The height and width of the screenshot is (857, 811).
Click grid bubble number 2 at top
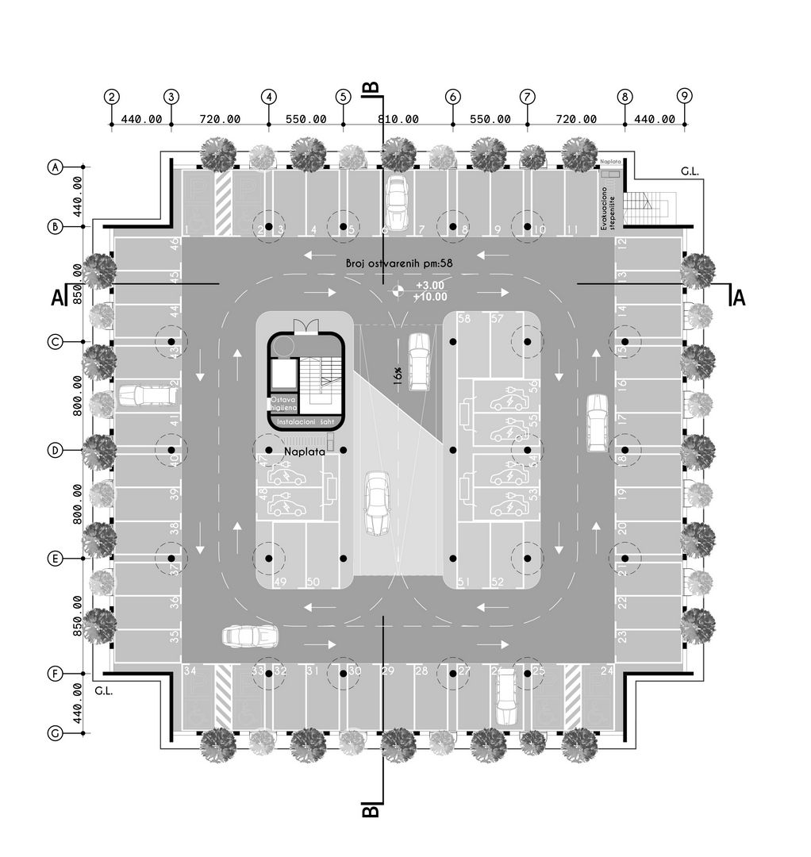coord(112,97)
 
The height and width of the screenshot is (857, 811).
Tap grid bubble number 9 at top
coord(685,96)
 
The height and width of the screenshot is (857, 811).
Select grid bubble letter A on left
coord(55,167)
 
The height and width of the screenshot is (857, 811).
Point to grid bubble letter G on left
coord(55,734)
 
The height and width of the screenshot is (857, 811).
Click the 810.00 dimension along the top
coord(398,119)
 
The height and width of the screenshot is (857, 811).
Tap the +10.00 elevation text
coord(430,297)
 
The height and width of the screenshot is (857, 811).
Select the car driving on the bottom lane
coord(250,636)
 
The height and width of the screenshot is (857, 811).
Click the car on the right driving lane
coord(597,423)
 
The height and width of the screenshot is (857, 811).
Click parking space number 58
coord(464,319)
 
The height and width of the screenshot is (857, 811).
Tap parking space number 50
coord(313,582)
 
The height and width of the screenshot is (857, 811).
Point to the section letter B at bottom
coord(371,811)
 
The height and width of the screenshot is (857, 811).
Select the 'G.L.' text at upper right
coord(690,171)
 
